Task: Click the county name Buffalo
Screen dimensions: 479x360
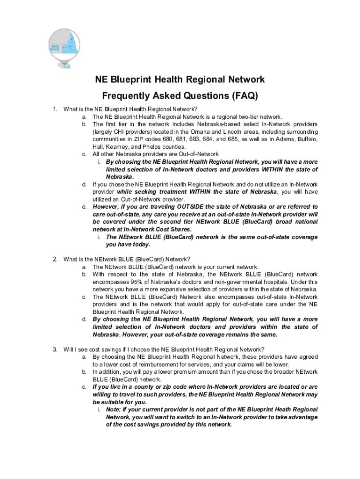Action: (306, 139)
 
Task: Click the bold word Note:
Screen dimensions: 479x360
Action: (114, 409)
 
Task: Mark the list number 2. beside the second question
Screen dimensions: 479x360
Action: (55, 259)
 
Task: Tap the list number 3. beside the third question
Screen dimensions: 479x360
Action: (55, 349)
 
